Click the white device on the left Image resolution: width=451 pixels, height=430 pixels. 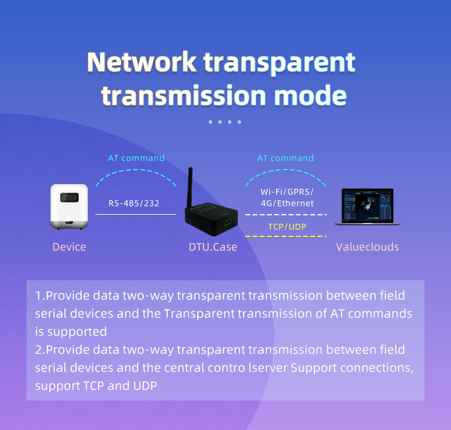coord(69,207)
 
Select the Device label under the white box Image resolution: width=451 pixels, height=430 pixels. coord(69,247)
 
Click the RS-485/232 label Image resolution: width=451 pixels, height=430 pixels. coord(134,203)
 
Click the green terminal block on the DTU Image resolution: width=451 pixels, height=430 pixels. coord(227,222)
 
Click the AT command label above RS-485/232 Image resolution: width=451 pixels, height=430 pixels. coord(137,158)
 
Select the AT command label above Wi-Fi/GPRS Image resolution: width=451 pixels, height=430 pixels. coord(286,158)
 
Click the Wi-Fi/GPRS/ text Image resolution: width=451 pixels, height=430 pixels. coord(287,191)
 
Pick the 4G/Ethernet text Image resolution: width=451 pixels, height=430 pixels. coord(287,203)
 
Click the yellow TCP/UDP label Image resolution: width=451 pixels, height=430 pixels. coord(286,226)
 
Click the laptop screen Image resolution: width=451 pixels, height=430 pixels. coord(367,206)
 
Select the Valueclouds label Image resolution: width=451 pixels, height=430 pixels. coord(367,247)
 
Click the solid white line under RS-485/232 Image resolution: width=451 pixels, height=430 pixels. coord(136,214)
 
